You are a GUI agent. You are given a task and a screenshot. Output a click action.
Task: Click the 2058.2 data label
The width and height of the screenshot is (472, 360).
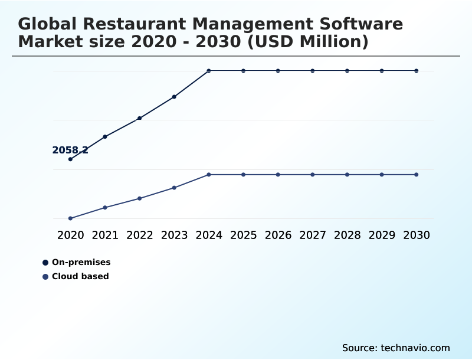(70, 150)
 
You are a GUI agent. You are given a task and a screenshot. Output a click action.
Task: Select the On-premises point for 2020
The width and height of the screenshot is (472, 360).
(70, 159)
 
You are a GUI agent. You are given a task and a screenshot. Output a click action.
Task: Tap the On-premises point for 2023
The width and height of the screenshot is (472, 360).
(174, 97)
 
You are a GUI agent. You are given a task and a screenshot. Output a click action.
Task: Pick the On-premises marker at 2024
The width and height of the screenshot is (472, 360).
(209, 71)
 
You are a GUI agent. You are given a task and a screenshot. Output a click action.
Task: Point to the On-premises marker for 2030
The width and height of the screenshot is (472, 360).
(417, 71)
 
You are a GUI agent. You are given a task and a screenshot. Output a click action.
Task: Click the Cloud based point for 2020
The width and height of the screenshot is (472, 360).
(70, 218)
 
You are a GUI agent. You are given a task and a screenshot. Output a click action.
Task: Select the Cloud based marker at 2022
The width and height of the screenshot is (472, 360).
(139, 198)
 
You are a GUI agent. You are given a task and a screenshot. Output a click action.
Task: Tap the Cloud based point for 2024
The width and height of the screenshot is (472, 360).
(209, 175)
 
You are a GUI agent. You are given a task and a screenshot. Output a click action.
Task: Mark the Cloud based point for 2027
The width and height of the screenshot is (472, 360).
(313, 175)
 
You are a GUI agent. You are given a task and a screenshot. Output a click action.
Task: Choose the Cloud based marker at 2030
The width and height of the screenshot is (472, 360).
(417, 175)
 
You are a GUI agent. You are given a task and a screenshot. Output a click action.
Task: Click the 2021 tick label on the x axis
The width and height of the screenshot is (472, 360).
(105, 235)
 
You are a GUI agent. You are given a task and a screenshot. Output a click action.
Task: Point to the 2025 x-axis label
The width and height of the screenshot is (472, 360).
(243, 235)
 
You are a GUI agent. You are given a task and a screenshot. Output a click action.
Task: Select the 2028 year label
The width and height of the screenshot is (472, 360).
(347, 235)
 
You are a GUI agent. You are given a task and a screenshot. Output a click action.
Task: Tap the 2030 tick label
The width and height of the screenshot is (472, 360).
(417, 235)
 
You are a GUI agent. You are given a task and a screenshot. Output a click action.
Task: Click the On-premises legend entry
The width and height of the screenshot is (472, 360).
(81, 263)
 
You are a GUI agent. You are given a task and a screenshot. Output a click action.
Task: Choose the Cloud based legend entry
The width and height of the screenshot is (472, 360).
(80, 276)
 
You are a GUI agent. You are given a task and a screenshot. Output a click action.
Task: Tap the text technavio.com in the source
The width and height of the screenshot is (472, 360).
(415, 348)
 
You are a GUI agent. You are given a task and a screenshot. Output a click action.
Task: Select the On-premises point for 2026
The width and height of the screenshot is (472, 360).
(278, 71)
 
